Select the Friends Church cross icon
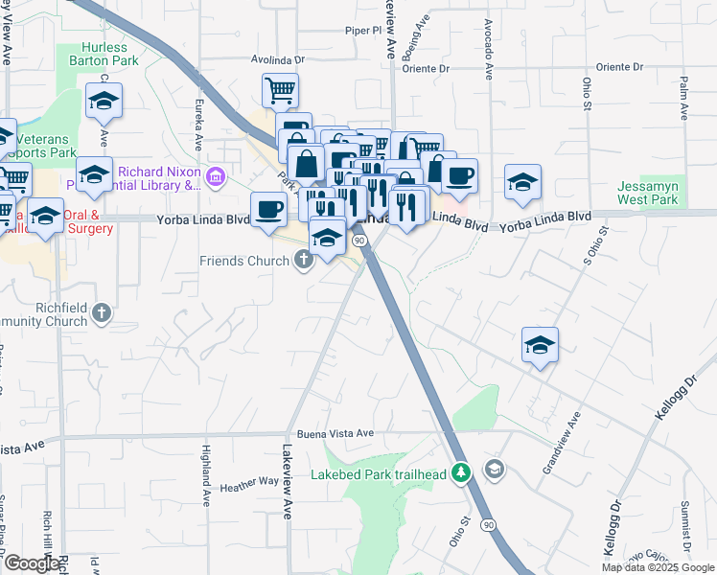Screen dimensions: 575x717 pyautogui.click(x=304, y=260)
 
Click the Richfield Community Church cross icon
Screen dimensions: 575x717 pyautogui.click(x=102, y=312)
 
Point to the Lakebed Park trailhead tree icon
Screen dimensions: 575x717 pyautogui.click(x=461, y=472)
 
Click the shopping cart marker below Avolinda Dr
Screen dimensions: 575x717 pyautogui.click(x=280, y=91)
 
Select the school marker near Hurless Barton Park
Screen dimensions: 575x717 pyautogui.click(x=104, y=100)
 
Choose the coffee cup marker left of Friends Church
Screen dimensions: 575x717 pyautogui.click(x=268, y=209)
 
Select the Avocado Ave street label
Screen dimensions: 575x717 pyautogui.click(x=488, y=48)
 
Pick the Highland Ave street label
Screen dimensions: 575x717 pyautogui.click(x=206, y=473)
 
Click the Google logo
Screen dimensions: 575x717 pyautogui.click(x=31, y=564)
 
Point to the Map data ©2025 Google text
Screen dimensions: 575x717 pyautogui.click(x=657, y=567)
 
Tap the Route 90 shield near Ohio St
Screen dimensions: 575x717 pyautogui.click(x=489, y=525)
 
